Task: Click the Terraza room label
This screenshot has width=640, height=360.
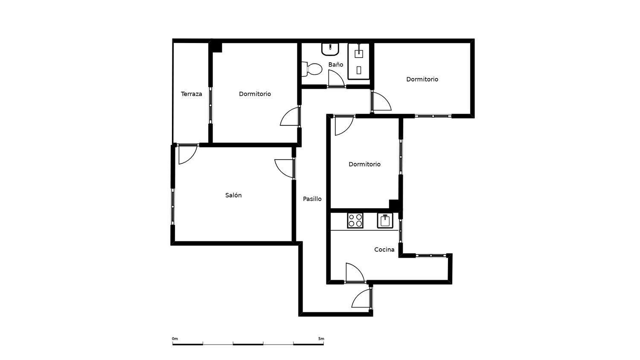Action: click(x=192, y=94)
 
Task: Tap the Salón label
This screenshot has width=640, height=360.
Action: click(x=233, y=195)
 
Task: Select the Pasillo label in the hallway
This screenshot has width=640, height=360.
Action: click(x=312, y=199)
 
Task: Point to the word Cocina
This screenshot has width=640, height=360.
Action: click(x=384, y=250)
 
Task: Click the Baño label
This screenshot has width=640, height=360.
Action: click(x=336, y=64)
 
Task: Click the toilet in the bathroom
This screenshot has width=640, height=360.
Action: click(x=312, y=69)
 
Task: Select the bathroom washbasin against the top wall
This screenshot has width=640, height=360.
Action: click(x=330, y=49)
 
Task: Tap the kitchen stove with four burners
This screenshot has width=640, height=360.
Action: click(x=355, y=220)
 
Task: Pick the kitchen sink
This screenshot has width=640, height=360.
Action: click(x=385, y=221)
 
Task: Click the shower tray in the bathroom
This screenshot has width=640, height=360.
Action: click(x=358, y=61)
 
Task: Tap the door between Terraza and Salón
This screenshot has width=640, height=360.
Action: click(x=188, y=154)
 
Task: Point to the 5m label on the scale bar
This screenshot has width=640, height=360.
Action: click(x=321, y=339)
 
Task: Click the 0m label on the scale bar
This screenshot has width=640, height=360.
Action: click(x=175, y=339)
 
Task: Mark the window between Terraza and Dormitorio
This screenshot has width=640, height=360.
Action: click(x=211, y=105)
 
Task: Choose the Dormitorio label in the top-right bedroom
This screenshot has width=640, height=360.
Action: click(x=422, y=79)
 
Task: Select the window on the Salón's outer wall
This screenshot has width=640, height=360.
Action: click(x=172, y=206)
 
